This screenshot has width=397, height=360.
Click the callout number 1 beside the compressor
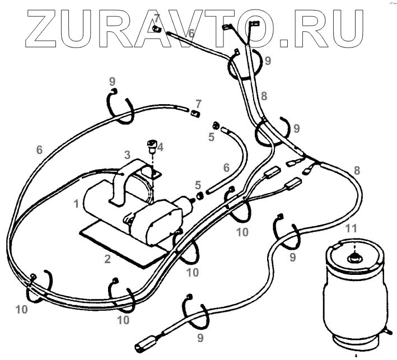[76, 204]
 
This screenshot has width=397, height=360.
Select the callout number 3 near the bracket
[127, 154]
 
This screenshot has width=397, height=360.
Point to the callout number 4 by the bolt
[160, 147]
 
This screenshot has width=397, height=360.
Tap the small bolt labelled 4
[151, 146]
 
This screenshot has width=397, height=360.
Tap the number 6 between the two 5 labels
[226, 167]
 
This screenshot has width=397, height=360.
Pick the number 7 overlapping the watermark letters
[157, 18]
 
